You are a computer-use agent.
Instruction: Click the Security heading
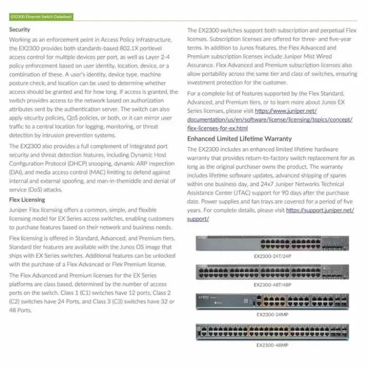click(x=20, y=30)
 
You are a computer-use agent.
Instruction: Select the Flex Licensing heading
click(x=27, y=200)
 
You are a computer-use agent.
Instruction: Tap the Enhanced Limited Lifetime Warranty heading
click(x=239, y=139)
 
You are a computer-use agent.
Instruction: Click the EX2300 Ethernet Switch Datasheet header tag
click(x=41, y=17)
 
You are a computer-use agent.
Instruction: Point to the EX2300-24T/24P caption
click(x=272, y=256)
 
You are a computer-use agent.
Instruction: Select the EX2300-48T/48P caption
click(x=272, y=285)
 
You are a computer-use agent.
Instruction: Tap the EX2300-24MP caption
click(x=272, y=314)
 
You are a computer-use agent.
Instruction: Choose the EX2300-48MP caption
click(x=272, y=345)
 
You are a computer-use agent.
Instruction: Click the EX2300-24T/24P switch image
click(x=272, y=243)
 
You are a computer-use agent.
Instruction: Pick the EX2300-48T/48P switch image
click(x=272, y=271)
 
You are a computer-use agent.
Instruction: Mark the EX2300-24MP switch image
click(x=272, y=301)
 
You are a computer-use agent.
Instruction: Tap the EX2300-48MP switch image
click(x=272, y=332)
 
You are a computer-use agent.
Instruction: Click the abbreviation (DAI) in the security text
click(x=18, y=172)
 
